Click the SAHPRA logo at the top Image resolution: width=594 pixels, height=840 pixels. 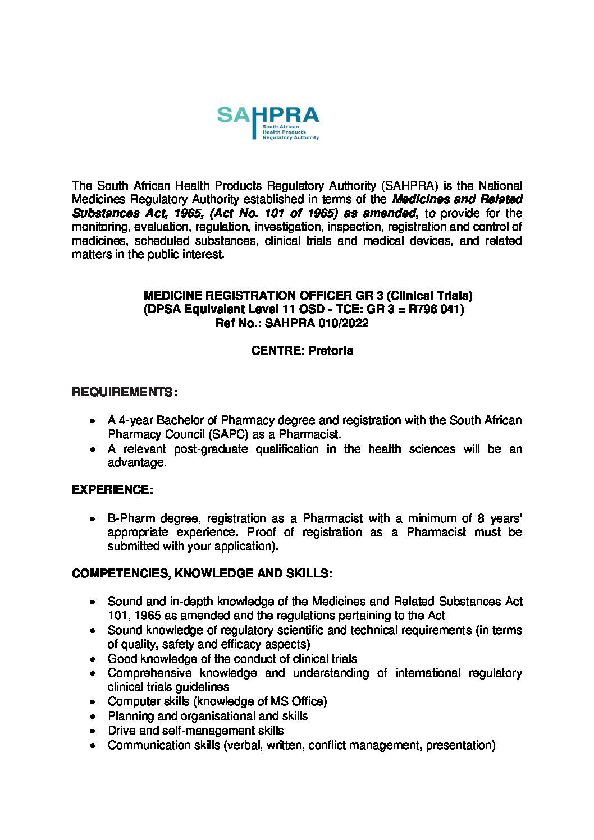pyautogui.click(x=268, y=123)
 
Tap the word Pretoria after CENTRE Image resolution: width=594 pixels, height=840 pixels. pyautogui.click(x=331, y=351)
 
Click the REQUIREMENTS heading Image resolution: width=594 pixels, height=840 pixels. pyautogui.click(x=124, y=392)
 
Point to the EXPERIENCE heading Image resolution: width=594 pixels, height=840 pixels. pyautogui.click(x=112, y=490)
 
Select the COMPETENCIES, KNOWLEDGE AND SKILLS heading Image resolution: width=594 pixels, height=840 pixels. pyautogui.click(x=202, y=573)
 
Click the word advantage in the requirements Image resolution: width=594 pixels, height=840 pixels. pyautogui.click(x=136, y=462)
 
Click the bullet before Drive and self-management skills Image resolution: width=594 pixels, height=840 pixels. pyautogui.click(x=93, y=731)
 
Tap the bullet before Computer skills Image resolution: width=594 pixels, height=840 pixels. pyautogui.click(x=93, y=702)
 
